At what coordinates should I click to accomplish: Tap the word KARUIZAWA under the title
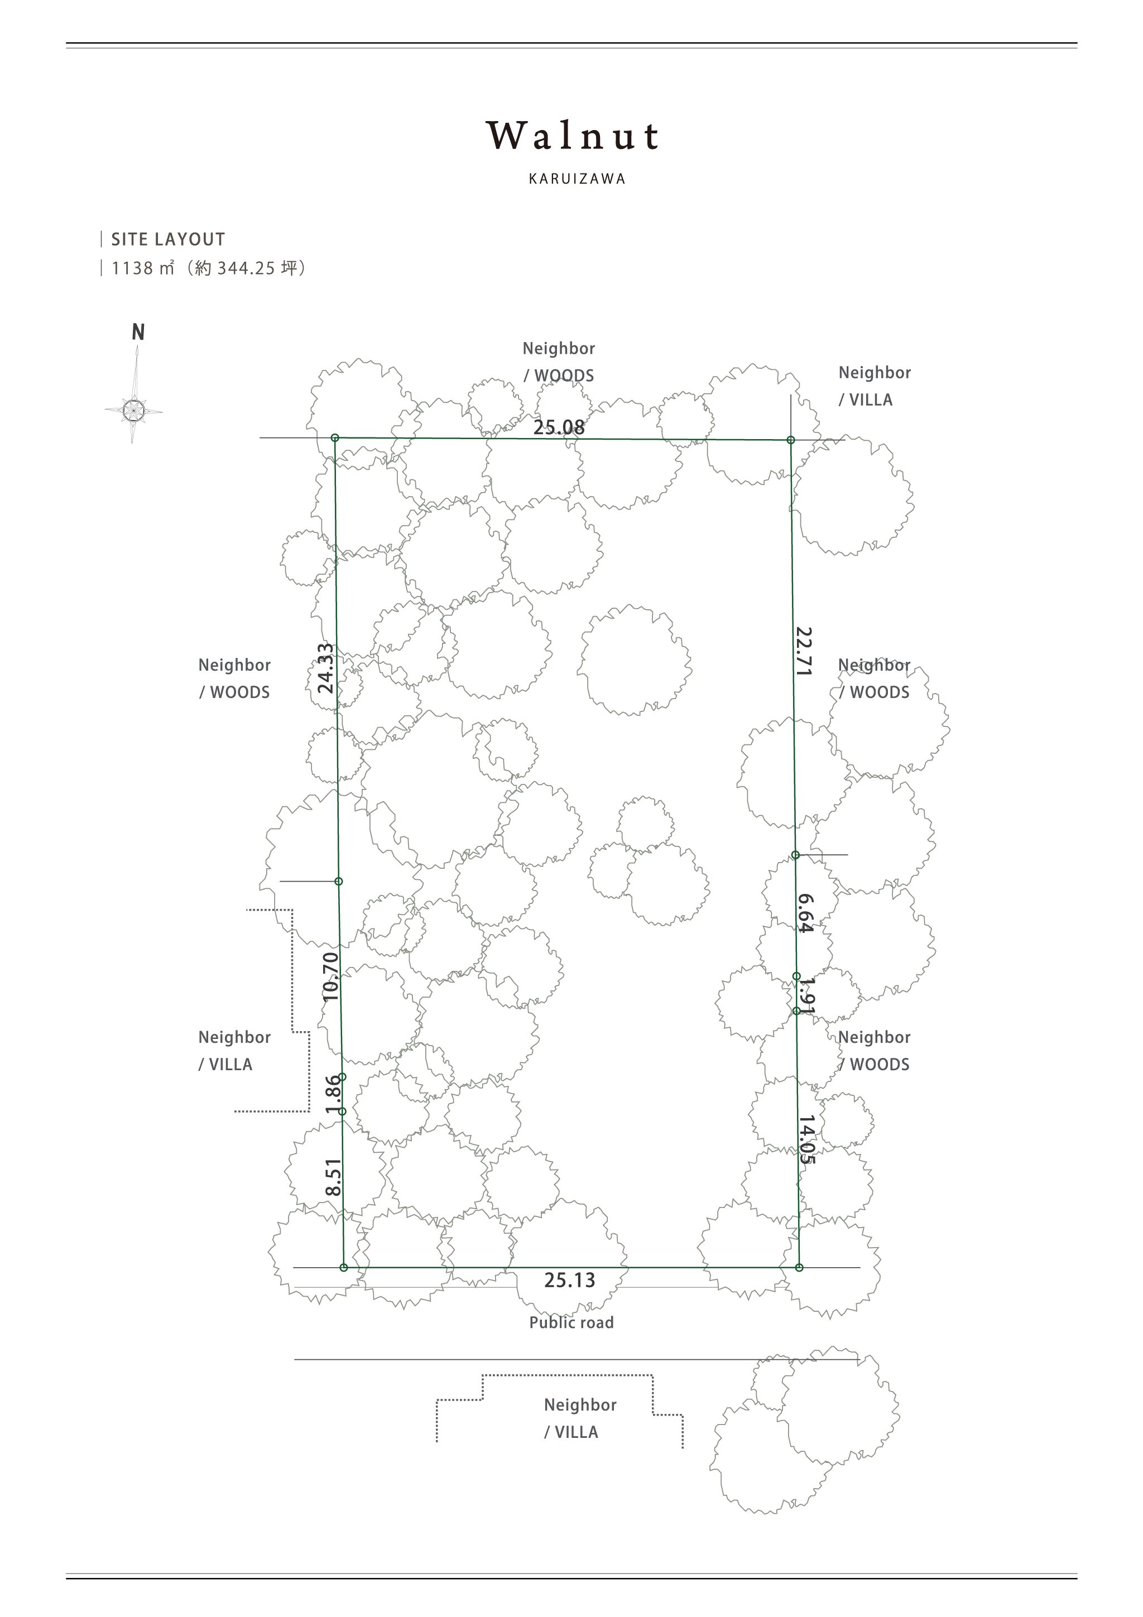click(x=577, y=179)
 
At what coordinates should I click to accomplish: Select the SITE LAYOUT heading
click(x=167, y=239)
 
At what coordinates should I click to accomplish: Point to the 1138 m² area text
click(x=143, y=268)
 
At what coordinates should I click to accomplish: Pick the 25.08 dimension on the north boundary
click(x=559, y=427)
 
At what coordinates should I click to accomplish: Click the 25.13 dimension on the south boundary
click(x=569, y=1279)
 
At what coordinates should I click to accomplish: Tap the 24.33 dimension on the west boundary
click(x=325, y=668)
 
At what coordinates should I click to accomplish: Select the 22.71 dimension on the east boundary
click(x=804, y=652)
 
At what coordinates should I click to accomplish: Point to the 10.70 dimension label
click(x=330, y=977)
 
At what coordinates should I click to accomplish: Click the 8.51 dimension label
click(x=334, y=1177)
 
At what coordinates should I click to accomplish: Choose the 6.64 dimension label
click(x=805, y=913)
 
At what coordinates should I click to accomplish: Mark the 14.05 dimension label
click(x=807, y=1139)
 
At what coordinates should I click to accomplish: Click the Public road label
click(x=571, y=1322)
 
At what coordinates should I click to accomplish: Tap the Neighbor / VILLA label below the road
click(x=580, y=1418)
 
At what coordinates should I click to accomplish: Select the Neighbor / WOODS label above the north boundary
click(x=559, y=362)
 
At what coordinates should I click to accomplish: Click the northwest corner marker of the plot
click(x=335, y=438)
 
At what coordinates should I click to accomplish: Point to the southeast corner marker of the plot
click(x=799, y=1268)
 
